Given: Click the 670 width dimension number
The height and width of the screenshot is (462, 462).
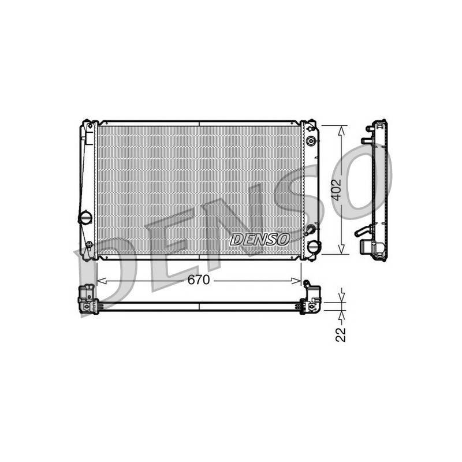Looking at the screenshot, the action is [199, 280].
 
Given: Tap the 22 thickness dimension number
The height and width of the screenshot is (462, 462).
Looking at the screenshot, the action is [340, 334].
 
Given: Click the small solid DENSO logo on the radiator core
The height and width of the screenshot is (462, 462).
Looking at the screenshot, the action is [259, 239].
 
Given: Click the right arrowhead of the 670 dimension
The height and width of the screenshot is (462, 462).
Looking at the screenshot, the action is [296, 281].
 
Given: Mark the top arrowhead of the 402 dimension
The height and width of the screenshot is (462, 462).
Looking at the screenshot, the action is [341, 131].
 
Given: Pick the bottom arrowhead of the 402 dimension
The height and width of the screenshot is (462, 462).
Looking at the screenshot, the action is [341, 249].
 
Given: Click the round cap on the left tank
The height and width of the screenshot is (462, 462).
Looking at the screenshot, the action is [85, 218].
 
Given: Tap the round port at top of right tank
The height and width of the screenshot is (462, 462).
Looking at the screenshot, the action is [311, 141].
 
